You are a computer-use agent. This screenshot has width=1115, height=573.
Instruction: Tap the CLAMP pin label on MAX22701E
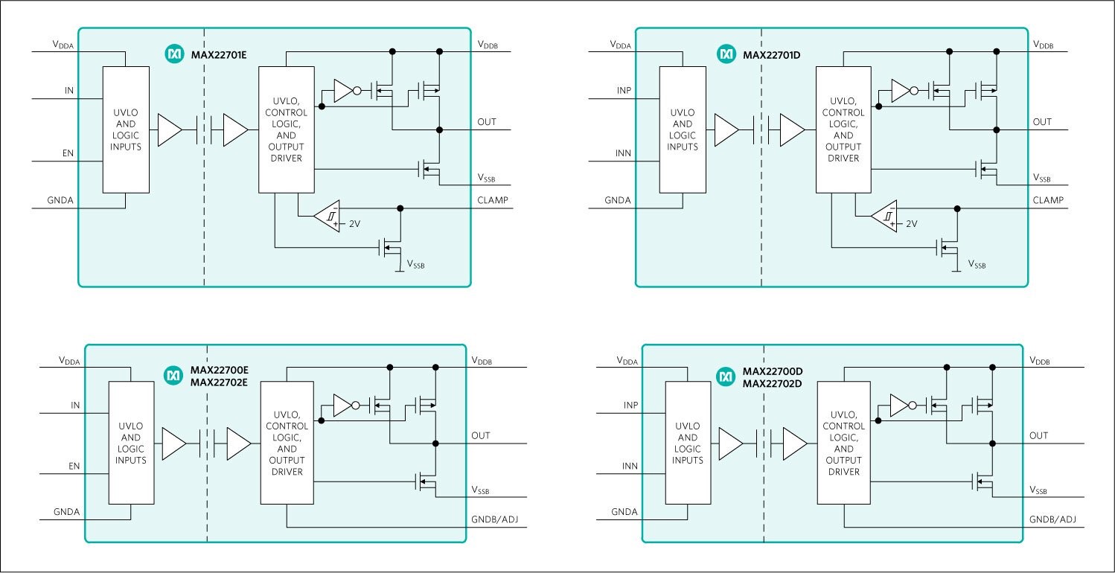pyautogui.click(x=492, y=199)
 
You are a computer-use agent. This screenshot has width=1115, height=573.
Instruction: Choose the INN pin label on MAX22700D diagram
pyautogui.click(x=631, y=466)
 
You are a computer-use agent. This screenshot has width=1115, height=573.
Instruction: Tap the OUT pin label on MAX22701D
pyautogui.click(x=1042, y=121)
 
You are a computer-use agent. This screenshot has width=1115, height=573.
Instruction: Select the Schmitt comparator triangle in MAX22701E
pyautogui.click(x=328, y=217)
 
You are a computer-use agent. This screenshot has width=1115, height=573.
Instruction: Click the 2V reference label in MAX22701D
pyautogui.click(x=912, y=224)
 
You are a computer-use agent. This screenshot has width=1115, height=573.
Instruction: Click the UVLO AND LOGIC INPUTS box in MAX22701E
pyautogui.click(x=125, y=129)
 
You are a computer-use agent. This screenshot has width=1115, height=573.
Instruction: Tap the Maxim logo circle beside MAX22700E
pyautogui.click(x=173, y=377)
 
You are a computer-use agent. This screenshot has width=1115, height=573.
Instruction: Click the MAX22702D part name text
pyautogui.click(x=773, y=383)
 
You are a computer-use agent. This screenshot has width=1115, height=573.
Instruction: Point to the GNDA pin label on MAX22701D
pyautogui.click(x=617, y=200)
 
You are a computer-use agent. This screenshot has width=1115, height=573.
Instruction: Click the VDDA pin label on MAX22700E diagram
pyautogui.click(x=70, y=360)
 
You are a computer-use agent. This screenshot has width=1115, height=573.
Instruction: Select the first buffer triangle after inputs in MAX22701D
pyautogui.click(x=726, y=129)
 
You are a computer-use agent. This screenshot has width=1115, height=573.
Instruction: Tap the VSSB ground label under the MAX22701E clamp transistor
pyautogui.click(x=416, y=264)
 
